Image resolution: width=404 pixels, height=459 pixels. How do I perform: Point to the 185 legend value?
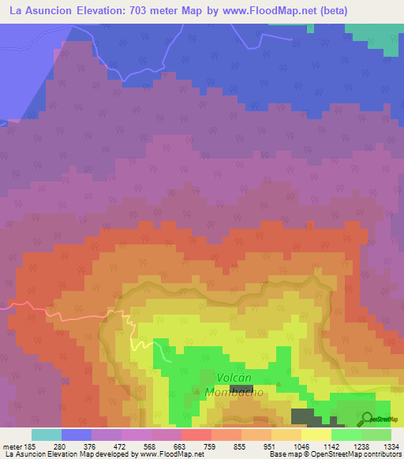24,446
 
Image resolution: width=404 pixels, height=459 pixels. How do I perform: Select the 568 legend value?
151,446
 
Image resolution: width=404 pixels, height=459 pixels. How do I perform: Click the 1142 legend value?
331,446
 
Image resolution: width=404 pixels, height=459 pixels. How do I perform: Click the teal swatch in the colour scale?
47,435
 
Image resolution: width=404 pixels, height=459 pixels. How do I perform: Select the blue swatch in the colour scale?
77,435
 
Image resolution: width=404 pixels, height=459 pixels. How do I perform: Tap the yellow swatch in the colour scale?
316,435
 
